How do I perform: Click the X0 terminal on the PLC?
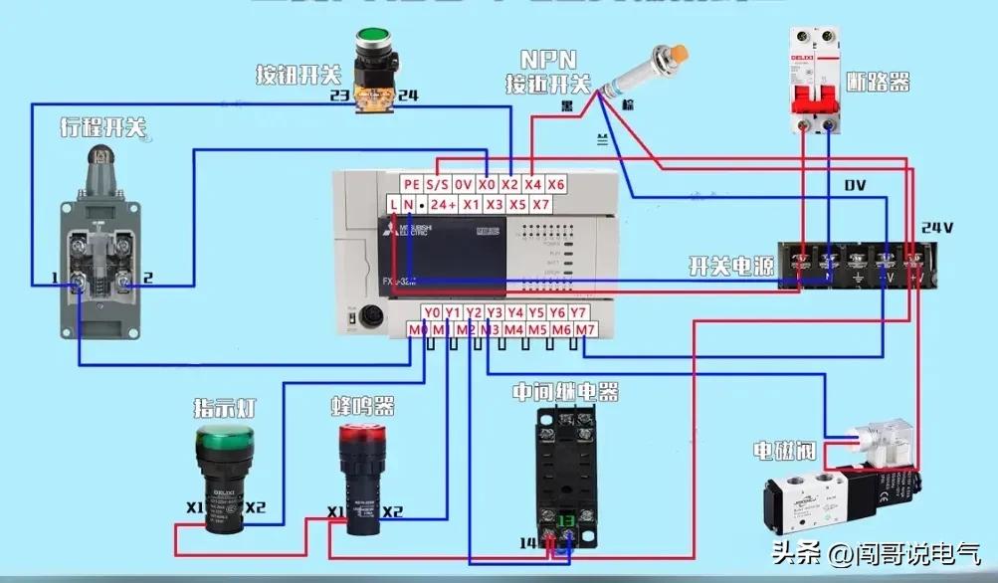(x=487, y=184)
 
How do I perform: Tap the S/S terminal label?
(x=438, y=184)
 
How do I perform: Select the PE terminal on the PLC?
(x=412, y=184)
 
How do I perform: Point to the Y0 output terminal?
(x=431, y=312)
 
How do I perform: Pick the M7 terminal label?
(x=585, y=329)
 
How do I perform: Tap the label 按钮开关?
(x=299, y=75)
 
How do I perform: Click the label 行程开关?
(x=103, y=127)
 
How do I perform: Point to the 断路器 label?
(x=879, y=83)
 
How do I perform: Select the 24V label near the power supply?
(x=937, y=228)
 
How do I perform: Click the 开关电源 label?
(x=731, y=267)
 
